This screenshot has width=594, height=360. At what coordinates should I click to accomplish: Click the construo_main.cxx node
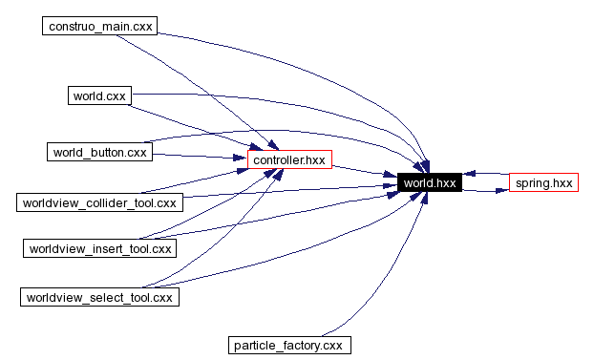tap(98, 25)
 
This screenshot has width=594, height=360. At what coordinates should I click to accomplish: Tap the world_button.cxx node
tap(100, 152)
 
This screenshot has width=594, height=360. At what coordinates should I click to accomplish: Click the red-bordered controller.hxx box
tap(289, 159)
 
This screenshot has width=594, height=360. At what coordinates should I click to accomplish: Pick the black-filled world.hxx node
tap(431, 182)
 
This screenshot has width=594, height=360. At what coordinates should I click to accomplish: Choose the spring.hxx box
tap(543, 182)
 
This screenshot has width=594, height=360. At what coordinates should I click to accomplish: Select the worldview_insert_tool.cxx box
tap(100, 248)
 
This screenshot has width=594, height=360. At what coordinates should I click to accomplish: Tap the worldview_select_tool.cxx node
tap(100, 297)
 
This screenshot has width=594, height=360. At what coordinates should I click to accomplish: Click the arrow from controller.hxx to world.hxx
tap(363, 173)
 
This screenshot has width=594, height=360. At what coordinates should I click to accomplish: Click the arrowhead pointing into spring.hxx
tap(502, 190)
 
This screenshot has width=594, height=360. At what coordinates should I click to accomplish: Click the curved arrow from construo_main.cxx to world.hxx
tap(315, 57)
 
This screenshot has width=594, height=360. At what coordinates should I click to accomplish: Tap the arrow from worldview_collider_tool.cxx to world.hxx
tap(286, 192)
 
